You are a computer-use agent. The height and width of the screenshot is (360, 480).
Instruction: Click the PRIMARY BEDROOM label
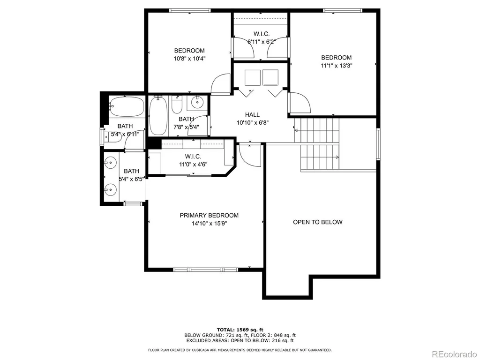[x=209, y=216]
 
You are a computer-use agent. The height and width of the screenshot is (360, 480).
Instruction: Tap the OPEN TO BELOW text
[x=318, y=222]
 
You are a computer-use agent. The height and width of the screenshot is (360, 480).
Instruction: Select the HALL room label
[x=252, y=115]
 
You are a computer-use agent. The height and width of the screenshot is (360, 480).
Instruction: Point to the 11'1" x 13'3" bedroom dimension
[x=337, y=66]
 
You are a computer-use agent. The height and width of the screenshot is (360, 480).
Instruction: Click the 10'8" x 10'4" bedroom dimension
[x=189, y=59]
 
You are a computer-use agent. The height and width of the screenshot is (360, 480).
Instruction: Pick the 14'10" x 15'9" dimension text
[x=210, y=224]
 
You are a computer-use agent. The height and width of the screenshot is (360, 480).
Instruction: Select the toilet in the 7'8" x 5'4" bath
[x=177, y=105]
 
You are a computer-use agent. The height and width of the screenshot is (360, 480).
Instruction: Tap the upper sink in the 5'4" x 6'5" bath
[x=110, y=162]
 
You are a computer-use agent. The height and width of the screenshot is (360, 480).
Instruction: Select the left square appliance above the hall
[x=253, y=77]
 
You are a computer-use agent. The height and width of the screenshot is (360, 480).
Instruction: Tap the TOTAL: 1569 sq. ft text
[x=240, y=330]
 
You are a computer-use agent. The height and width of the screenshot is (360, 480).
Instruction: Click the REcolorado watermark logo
[x=454, y=354]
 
